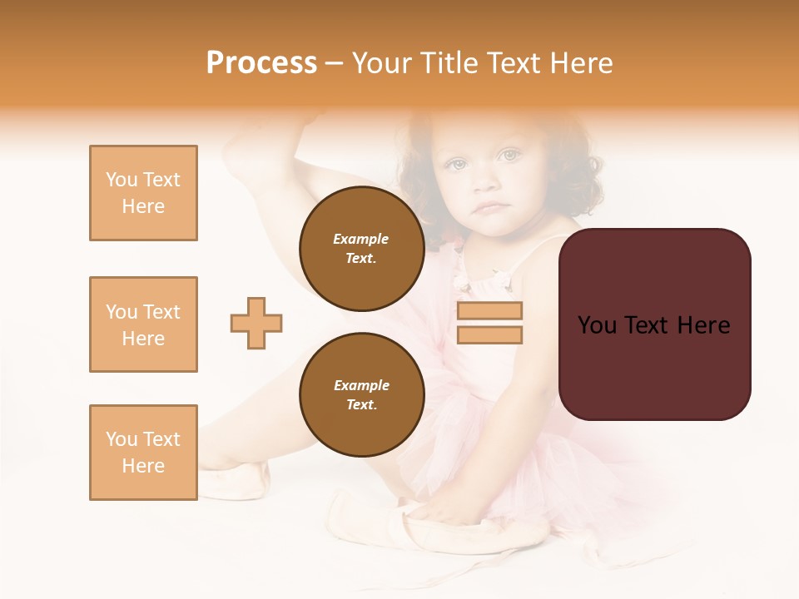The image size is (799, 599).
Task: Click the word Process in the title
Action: coord(261,63)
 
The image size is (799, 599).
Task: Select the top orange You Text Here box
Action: coord(143,193)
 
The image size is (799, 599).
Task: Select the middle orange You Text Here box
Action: coord(143,324)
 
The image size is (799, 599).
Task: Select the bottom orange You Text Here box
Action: coord(143,452)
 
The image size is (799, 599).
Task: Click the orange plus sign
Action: coord(256,323)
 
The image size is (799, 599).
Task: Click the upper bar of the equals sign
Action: coord(489,311)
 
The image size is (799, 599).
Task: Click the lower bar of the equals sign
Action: coord(489,334)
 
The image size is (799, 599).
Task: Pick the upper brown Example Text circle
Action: coord(361,249)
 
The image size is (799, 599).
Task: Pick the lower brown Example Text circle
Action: coord(361,395)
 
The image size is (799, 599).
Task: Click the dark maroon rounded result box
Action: coord(654,366)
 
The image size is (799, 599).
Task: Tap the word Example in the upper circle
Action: coord(361,239)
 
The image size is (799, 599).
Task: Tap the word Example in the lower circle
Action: coord(361,385)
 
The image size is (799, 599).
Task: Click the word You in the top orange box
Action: coord(121,180)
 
